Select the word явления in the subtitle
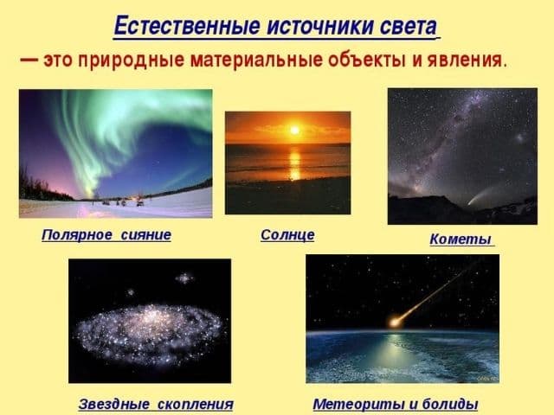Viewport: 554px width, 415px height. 469,61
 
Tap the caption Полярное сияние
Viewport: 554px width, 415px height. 106,234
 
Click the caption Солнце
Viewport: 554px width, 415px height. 287,234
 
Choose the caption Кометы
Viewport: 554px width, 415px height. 461,239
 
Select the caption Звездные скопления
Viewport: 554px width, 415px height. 156,404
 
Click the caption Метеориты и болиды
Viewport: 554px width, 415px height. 395,404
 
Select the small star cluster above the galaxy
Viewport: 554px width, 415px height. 184,278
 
